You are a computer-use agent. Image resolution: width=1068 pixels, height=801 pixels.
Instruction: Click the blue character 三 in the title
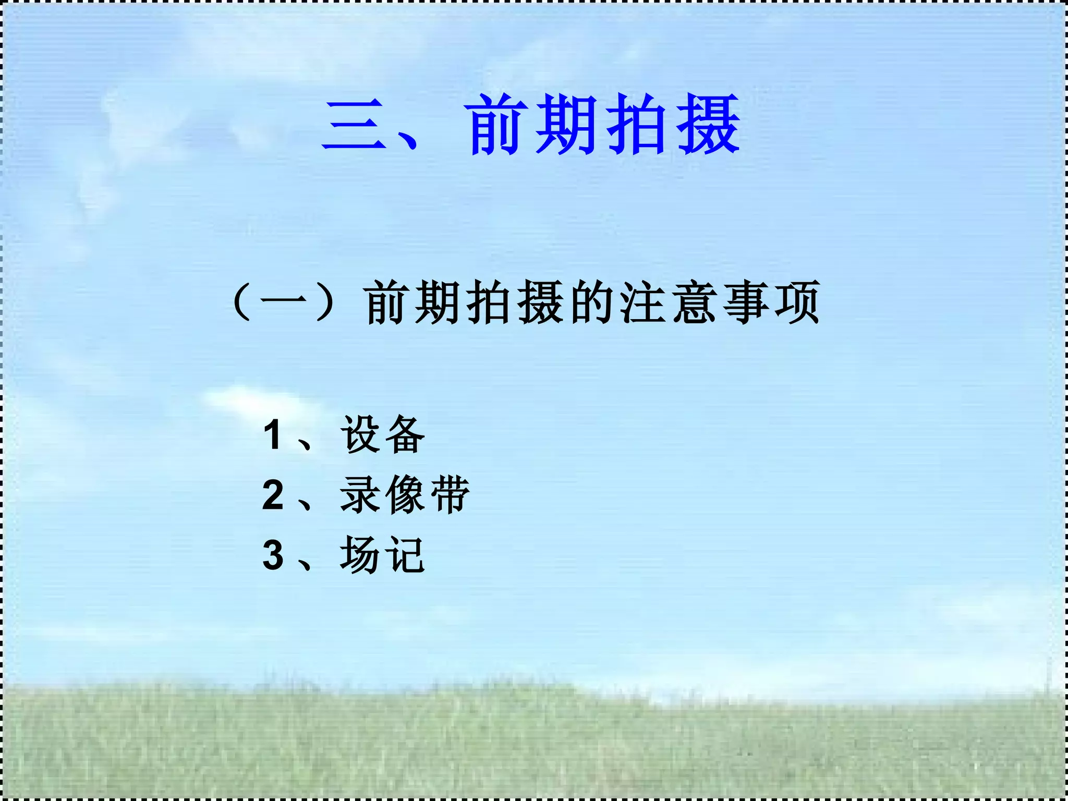tap(355, 125)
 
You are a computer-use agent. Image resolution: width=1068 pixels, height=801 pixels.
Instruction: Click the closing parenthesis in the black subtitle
tap(325, 302)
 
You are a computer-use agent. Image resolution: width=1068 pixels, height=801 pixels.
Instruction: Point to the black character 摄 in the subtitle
tap(540, 302)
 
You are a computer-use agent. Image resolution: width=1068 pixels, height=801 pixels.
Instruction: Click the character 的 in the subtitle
tap(591, 302)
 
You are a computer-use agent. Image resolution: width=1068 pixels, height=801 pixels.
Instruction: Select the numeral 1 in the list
tap(273, 435)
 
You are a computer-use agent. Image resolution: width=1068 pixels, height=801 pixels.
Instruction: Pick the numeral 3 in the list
tap(273, 555)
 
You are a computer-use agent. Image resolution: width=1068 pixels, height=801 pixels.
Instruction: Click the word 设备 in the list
tap(383, 435)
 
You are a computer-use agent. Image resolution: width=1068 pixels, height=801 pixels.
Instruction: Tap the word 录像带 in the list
tap(405, 495)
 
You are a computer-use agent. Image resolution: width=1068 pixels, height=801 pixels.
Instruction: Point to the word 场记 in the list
tap(383, 555)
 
